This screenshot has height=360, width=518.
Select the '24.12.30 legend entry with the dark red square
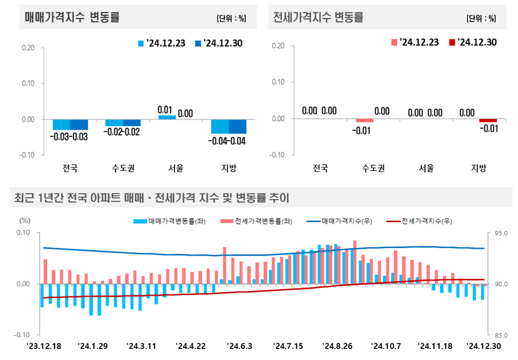coord(472,42)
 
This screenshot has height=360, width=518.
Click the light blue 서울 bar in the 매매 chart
coord(166,117)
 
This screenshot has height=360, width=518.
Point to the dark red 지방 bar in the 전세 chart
coord(488,121)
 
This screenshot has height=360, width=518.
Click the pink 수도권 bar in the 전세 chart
coord(365,121)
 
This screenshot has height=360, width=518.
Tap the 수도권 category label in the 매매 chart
coord(123,169)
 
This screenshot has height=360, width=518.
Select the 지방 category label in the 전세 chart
coord(479,169)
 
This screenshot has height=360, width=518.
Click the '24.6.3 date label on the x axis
coord(240,346)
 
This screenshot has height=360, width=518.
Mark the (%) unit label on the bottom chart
coord(24,220)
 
